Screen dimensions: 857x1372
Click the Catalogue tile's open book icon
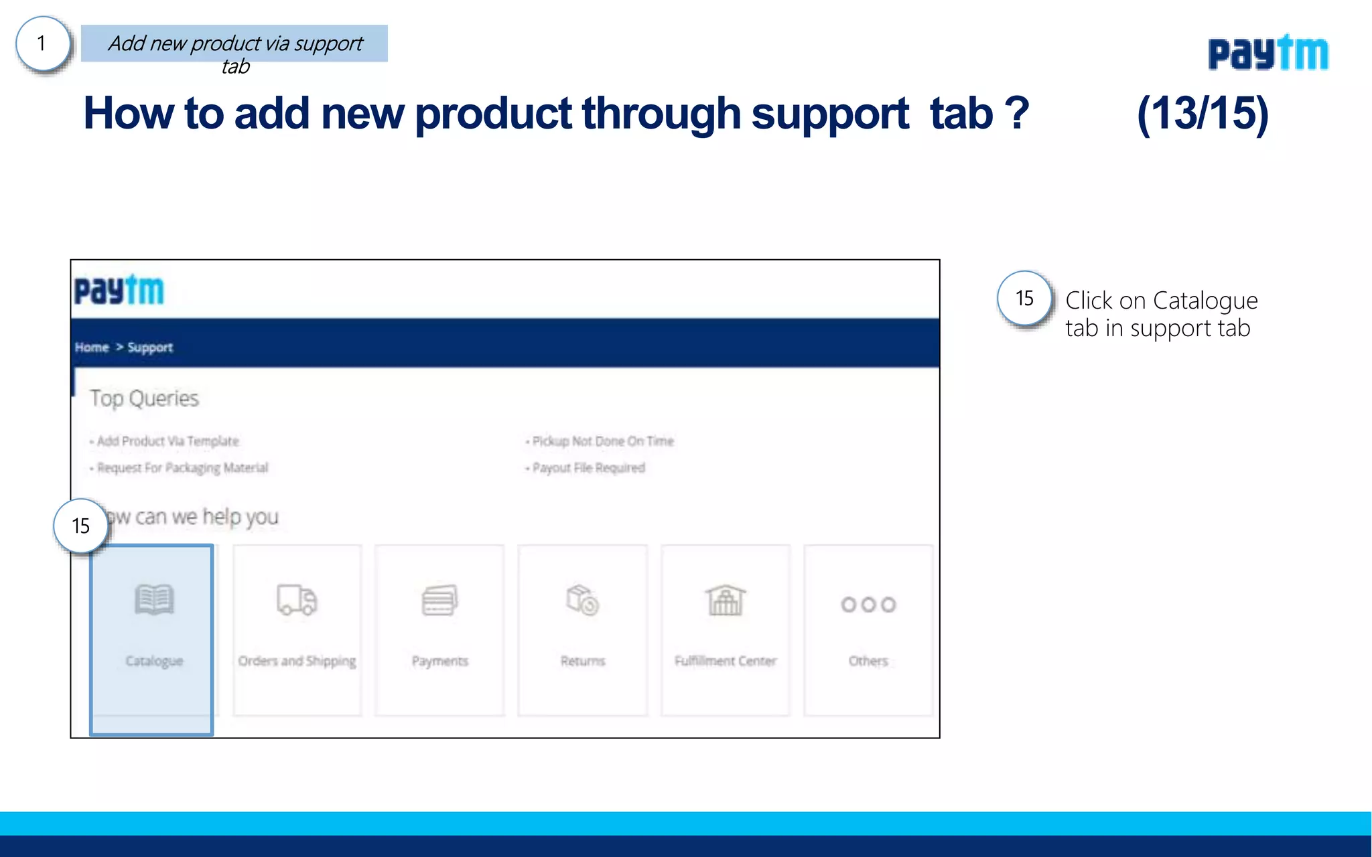[x=154, y=599]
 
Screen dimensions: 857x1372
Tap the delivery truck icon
[x=297, y=600]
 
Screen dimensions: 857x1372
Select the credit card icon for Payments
[x=439, y=600]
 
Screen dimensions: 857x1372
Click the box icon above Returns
[x=582, y=600]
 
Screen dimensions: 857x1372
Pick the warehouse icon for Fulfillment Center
[x=725, y=600]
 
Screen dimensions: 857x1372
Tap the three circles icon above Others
[x=868, y=605]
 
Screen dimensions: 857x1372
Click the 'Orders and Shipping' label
[x=297, y=661]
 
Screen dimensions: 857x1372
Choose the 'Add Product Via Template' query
[x=167, y=441]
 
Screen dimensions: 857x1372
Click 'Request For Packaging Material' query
[x=182, y=467]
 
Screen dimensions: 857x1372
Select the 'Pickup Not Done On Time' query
[x=603, y=441]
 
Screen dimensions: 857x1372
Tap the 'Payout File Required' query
[x=588, y=467]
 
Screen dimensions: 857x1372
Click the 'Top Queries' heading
[x=145, y=398]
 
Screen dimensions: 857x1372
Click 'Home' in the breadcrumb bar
[x=92, y=347]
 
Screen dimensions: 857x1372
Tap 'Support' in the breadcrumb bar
[x=150, y=347]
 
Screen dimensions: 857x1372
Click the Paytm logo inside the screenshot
[x=119, y=291]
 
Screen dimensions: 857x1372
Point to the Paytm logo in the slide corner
[x=1267, y=53]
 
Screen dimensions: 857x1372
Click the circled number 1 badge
[x=42, y=44]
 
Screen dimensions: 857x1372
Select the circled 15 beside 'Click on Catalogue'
[x=1024, y=299]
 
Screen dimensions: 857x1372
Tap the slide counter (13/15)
[x=1203, y=113]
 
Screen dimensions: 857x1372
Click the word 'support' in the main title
[x=830, y=113]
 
